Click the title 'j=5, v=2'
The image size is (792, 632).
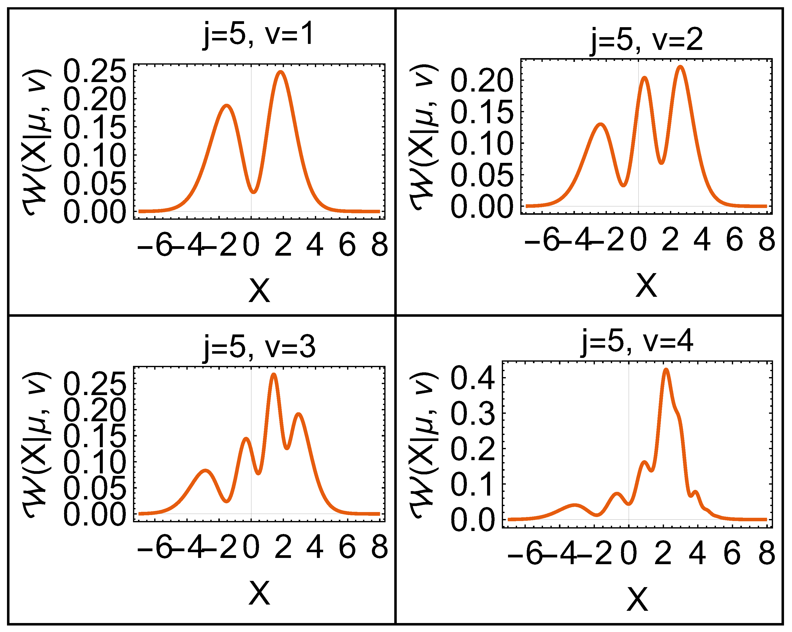pos(647,40)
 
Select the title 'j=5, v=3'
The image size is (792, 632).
pos(259,347)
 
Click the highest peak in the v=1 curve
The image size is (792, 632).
pos(281,72)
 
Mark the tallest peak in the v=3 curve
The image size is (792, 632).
pos(273,375)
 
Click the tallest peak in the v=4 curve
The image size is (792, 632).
pos(666,370)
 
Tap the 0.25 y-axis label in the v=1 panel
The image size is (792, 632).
pos(95,71)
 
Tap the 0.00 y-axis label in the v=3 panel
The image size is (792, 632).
pos(95,514)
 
